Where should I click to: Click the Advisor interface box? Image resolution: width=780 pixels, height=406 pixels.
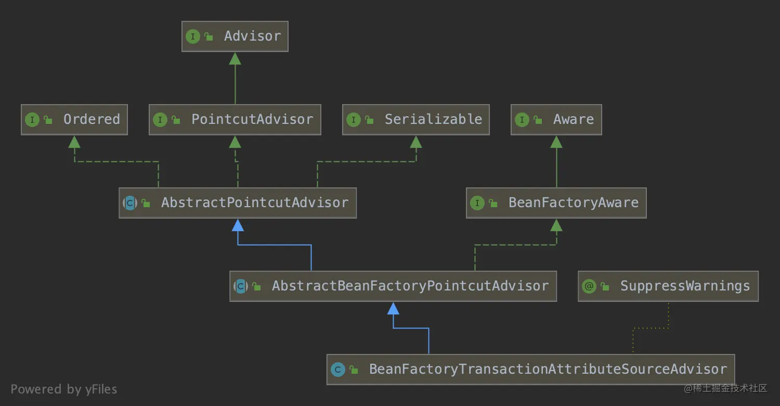tap(235, 36)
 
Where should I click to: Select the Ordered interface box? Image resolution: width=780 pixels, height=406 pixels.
tap(74, 120)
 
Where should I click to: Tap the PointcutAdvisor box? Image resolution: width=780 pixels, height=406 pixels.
tap(235, 120)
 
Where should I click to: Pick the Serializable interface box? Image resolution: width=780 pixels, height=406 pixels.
tap(415, 120)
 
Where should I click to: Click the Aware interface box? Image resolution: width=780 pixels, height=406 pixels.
tap(556, 120)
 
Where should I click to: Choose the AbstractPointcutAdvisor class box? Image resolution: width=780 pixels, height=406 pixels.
tap(238, 203)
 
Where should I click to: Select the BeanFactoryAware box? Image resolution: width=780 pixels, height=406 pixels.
tap(556, 203)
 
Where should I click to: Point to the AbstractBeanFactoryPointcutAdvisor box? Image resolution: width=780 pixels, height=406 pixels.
tap(393, 286)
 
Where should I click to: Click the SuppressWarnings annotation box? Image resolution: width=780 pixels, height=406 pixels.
tap(668, 286)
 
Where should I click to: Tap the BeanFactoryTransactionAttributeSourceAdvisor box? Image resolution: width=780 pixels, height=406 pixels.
tap(530, 370)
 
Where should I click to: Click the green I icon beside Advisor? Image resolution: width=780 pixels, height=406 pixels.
tap(193, 36)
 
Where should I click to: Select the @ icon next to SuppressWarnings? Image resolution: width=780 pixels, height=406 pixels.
tap(589, 286)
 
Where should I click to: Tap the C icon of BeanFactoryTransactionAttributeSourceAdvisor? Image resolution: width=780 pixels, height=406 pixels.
tap(338, 370)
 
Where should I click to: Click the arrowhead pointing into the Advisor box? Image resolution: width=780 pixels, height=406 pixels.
tap(235, 58)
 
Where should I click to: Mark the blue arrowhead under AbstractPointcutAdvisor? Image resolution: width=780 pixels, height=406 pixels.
tap(238, 225)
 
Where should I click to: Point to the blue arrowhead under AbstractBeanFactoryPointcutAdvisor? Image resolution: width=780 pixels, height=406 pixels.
tap(394, 308)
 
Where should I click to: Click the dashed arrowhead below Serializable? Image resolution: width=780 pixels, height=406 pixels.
tap(415, 142)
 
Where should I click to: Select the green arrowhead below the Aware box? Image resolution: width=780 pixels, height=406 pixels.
tap(556, 142)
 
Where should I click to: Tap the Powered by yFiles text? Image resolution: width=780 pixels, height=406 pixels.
tap(64, 389)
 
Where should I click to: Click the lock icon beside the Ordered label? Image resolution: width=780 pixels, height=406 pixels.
tap(48, 120)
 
